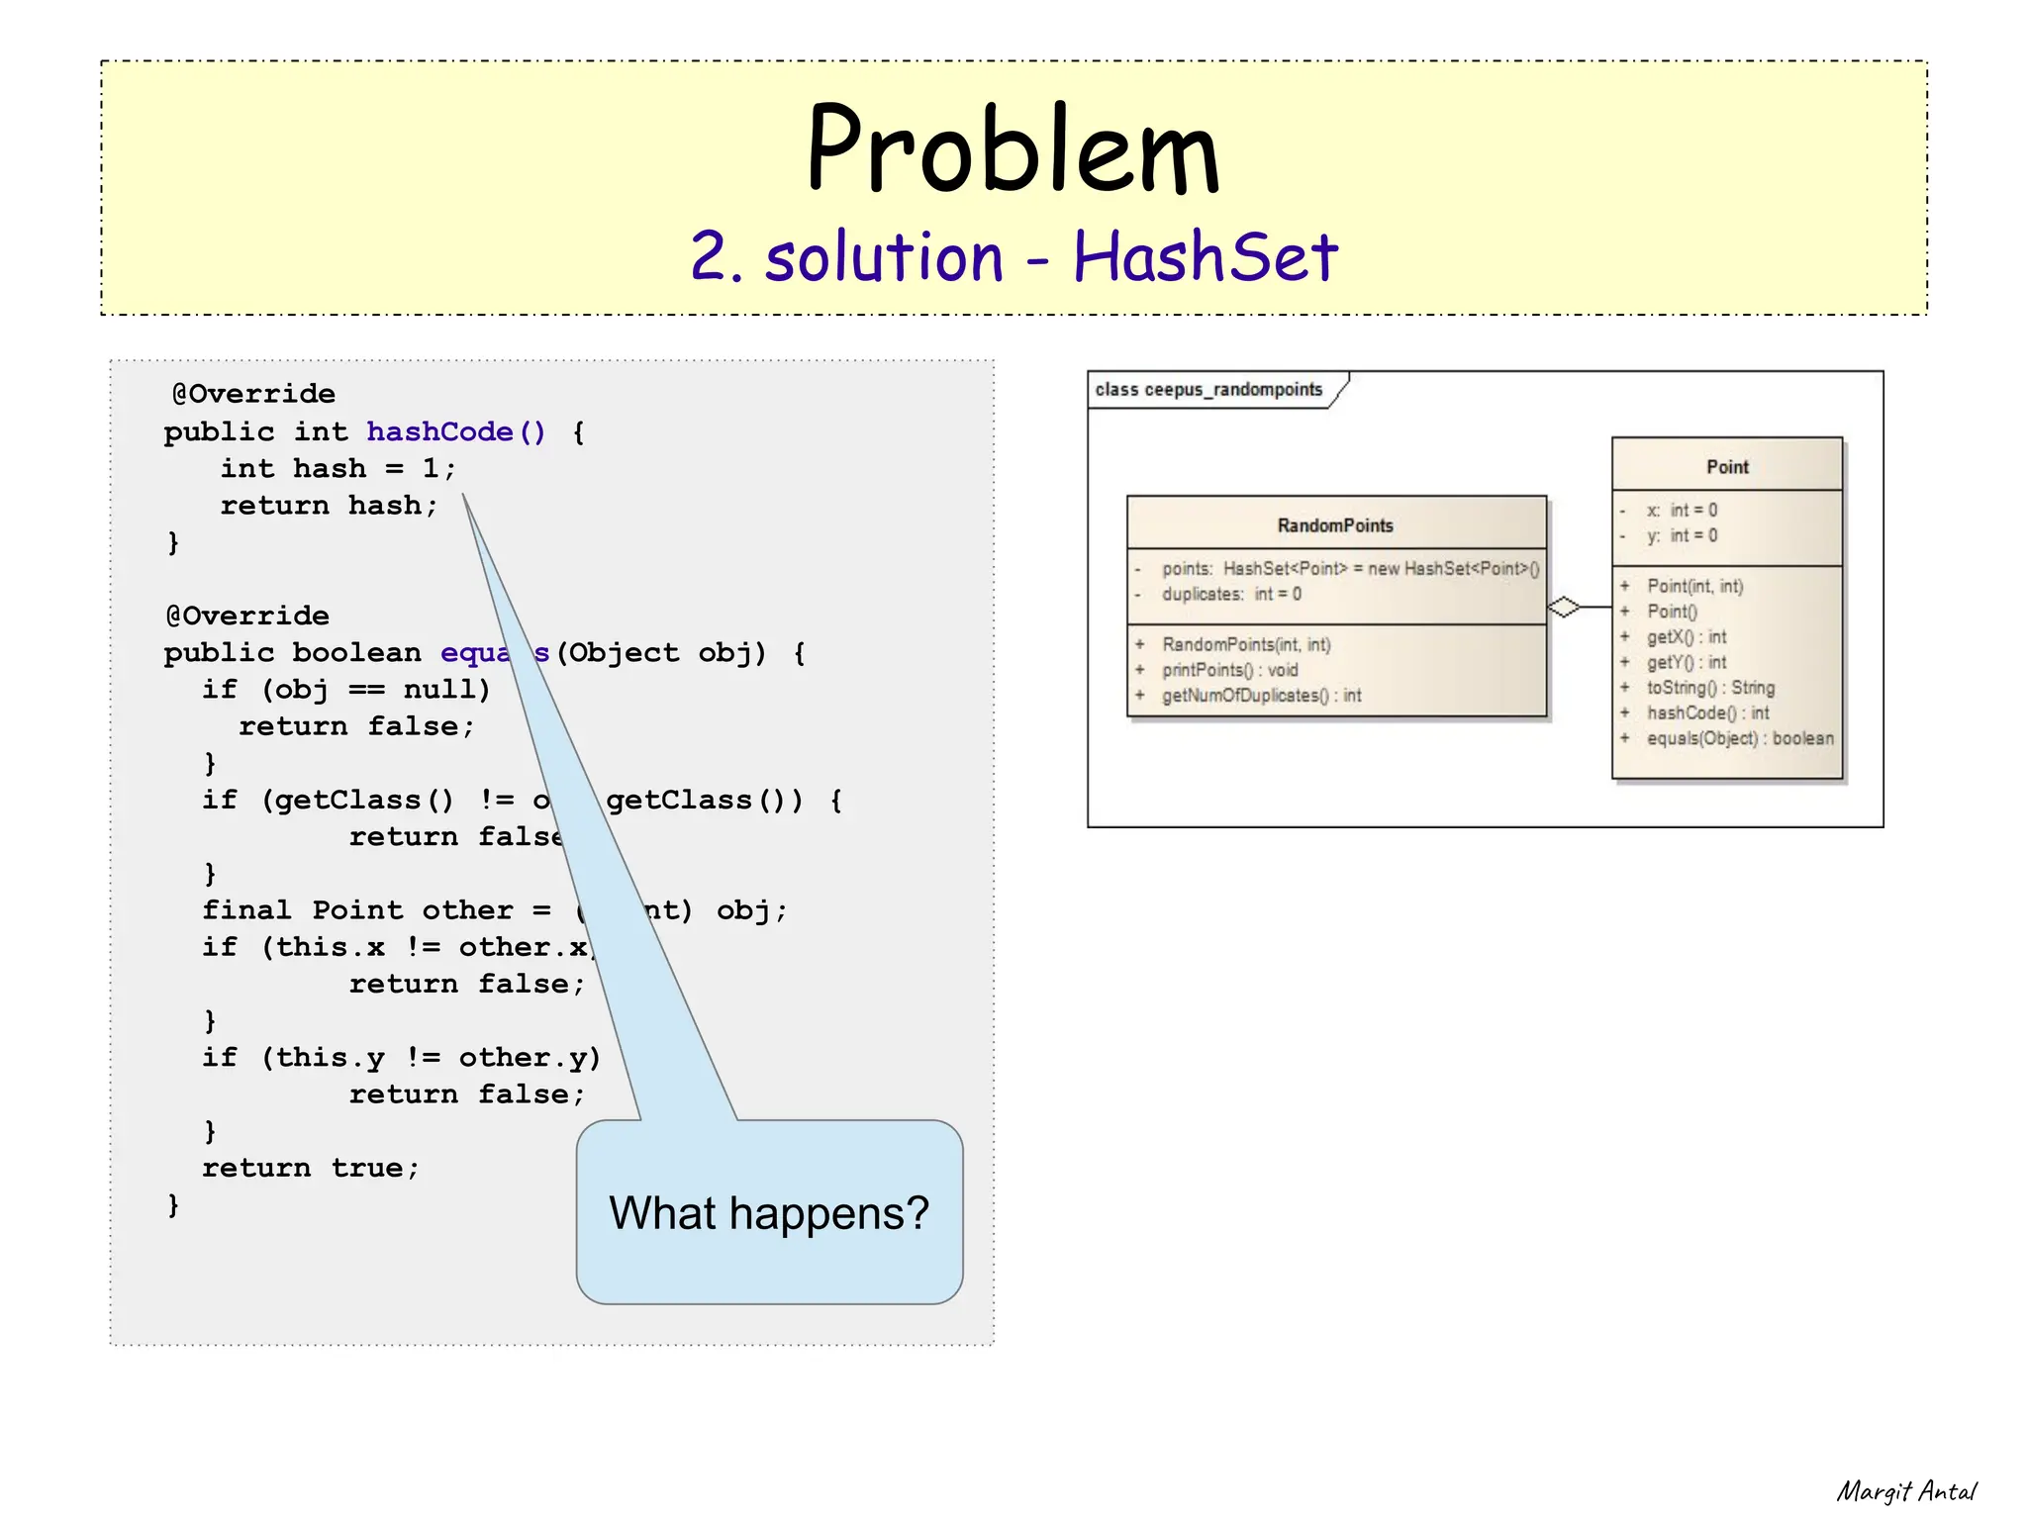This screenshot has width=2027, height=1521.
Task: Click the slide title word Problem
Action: click(1013, 150)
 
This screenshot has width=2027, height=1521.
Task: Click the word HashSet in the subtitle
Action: click(1205, 257)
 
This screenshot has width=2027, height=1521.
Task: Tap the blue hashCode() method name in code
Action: click(455, 431)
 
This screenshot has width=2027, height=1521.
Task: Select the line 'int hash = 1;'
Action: click(338, 468)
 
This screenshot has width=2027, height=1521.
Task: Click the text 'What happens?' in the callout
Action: click(769, 1213)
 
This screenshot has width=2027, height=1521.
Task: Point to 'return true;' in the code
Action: click(311, 1168)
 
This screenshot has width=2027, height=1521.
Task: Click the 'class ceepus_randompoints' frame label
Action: click(1208, 390)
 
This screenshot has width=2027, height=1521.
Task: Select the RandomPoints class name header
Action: click(1335, 525)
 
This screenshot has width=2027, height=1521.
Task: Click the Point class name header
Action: click(1727, 467)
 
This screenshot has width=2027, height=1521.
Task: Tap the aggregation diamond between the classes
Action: click(1564, 607)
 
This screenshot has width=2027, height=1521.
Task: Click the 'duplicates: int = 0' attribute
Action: click(1231, 594)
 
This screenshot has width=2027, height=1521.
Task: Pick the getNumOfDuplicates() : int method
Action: click(1261, 696)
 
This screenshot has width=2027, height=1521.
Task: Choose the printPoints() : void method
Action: click(1229, 670)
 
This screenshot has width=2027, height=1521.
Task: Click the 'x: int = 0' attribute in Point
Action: click(1682, 511)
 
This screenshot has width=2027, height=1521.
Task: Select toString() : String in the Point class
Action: click(1710, 688)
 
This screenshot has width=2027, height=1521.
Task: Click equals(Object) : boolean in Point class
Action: click(1739, 738)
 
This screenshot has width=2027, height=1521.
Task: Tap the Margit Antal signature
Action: click(1906, 1491)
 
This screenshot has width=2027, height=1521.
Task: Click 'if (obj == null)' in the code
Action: click(345, 689)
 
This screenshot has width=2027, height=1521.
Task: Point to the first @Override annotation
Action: click(253, 394)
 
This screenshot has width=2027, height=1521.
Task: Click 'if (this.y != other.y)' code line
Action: click(401, 1057)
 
